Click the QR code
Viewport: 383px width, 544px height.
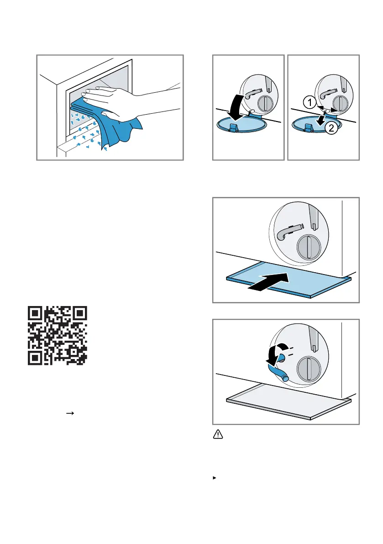[x=58, y=336]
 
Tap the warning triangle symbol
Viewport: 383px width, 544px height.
[x=218, y=434]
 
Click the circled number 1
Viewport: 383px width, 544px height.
[x=310, y=102]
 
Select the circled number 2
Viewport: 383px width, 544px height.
[x=331, y=128]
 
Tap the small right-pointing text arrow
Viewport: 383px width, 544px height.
[x=70, y=413]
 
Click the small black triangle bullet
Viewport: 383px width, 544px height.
[x=215, y=478]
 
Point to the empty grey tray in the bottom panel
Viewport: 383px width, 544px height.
[x=289, y=402]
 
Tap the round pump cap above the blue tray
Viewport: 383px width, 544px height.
[x=309, y=247]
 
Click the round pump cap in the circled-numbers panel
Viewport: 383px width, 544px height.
[x=341, y=103]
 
